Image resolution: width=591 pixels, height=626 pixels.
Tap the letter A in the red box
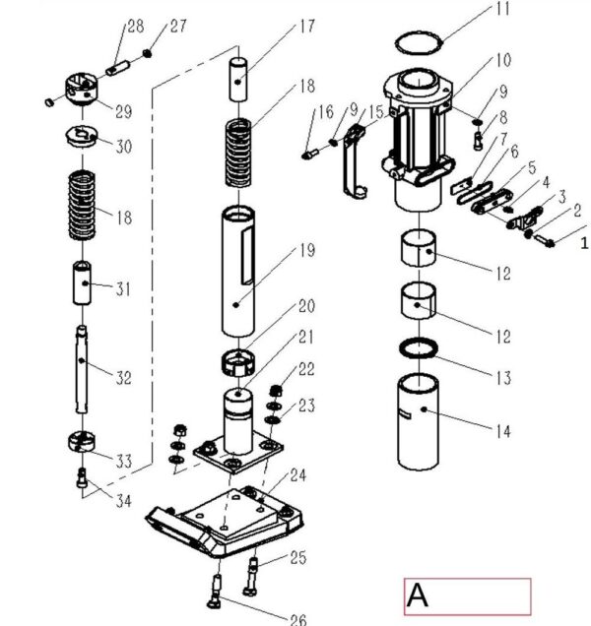click(x=419, y=595)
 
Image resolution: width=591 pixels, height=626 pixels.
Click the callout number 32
click(x=123, y=377)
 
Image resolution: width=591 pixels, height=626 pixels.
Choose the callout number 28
click(x=134, y=25)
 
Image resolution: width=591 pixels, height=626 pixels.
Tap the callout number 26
click(x=298, y=619)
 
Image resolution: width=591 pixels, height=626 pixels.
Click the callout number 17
click(x=306, y=27)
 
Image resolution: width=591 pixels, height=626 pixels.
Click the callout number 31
click(x=123, y=288)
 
